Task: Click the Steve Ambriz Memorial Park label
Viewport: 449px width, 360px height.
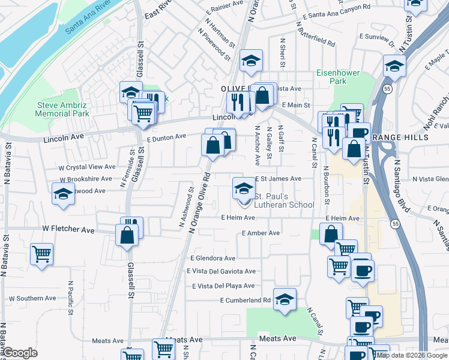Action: click(62, 109)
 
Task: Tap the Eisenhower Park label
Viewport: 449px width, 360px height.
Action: click(338, 77)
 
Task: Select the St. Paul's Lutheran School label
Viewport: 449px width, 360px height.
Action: click(284, 200)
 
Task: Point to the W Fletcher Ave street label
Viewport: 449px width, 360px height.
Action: click(68, 230)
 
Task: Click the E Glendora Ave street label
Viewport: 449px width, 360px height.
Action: click(212, 258)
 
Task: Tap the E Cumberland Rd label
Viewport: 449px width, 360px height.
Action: click(246, 300)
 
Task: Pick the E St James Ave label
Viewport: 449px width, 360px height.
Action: click(278, 179)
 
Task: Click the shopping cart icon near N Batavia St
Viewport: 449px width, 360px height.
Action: click(41, 254)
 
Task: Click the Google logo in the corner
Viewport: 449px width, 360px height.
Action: click(20, 353)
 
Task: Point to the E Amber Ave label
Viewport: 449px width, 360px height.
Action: click(261, 233)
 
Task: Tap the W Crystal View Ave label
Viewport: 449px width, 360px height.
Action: click(87, 167)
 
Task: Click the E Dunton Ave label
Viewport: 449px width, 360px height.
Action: click(166, 137)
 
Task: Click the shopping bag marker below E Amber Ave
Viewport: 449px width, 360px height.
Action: click(330, 234)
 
